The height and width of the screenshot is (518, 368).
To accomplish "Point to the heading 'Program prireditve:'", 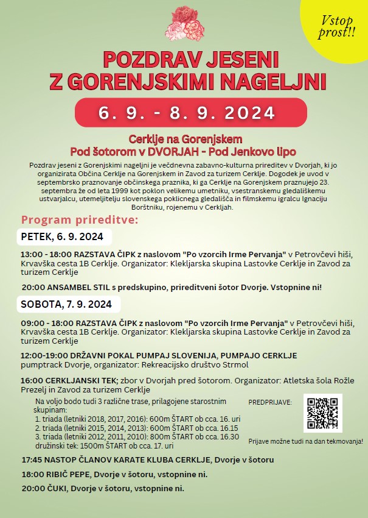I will pyautogui.click(x=79, y=219).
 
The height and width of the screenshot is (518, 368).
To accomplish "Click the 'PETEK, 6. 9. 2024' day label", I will pyautogui.click(x=62, y=236).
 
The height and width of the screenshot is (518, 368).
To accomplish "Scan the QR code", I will pyautogui.click(x=322, y=413).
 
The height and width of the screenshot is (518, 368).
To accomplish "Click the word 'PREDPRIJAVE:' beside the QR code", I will pyautogui.click(x=270, y=402).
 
